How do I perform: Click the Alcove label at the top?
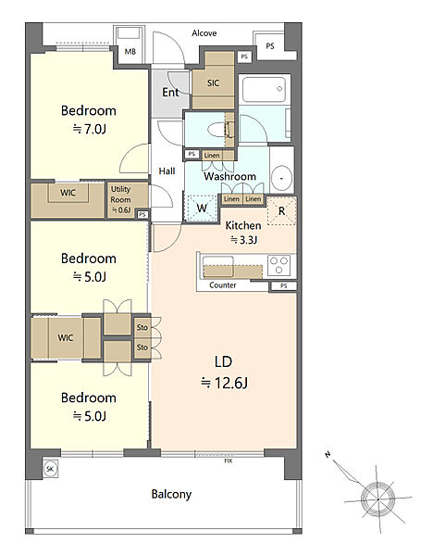coord(204,33)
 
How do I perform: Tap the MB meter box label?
coord(130,51)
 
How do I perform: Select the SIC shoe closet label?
coord(213,82)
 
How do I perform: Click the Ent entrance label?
coord(170,92)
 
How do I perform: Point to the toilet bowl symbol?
coord(216,129)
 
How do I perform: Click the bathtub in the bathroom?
coord(264,89)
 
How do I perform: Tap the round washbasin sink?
coord(282,178)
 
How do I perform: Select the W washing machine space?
coord(202,208)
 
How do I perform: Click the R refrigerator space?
coord(281,211)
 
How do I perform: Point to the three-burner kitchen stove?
coord(279,265)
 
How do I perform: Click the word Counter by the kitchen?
coord(223,285)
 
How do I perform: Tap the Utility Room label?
coord(120,195)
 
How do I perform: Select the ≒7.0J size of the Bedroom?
coord(89,129)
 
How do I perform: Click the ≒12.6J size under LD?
coord(224,383)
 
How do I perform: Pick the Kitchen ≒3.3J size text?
coord(244,240)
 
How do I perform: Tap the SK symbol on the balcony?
coord(50,469)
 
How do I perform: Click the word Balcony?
coord(171,494)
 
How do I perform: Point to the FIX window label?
coord(229,461)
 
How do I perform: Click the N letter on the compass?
coord(328,454)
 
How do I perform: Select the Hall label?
coord(167,171)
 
